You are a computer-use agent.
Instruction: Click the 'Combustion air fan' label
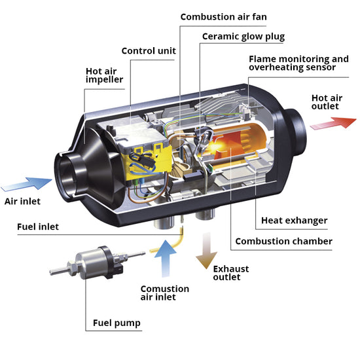pos(223,17)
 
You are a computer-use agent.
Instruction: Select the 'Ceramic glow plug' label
pos(243,37)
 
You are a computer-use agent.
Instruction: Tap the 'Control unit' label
pos(149,51)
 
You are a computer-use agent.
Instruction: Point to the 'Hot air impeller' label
pos(104,75)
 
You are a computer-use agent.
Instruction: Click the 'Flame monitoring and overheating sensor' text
pos(298,63)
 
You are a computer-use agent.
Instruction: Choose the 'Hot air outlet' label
pos(327,102)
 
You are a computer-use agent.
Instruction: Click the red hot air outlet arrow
pos(333,123)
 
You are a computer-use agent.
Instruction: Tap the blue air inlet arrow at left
pos(27,184)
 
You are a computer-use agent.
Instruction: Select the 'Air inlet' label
pos(22,202)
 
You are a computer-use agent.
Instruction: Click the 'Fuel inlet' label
pos(38,227)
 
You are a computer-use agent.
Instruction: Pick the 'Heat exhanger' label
pos(294,221)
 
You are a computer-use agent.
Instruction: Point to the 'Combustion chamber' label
pos(284,242)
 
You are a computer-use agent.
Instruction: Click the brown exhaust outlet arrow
pos(206,250)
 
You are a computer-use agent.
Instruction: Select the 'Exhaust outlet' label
pos(231,273)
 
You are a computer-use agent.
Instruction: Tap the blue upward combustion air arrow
pos(166,259)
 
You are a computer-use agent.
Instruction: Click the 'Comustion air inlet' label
pos(165,293)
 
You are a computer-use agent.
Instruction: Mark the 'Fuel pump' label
pos(117,323)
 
